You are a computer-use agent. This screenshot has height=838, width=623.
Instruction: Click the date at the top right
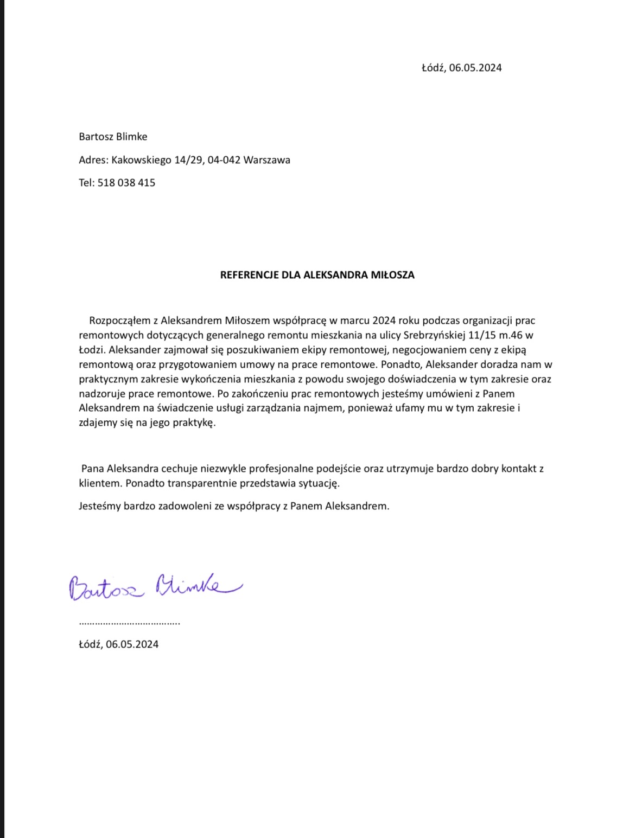[x=461, y=68]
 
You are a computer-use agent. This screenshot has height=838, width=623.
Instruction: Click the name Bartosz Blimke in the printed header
[x=113, y=137]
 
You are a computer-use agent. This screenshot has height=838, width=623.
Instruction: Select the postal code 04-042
[x=224, y=160]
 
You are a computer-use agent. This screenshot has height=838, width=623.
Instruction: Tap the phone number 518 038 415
[x=126, y=183]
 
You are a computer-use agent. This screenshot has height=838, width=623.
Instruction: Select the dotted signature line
[x=130, y=623]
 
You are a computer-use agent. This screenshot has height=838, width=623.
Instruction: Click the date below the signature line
[x=119, y=644]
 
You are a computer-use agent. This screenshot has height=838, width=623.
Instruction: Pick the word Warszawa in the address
[x=267, y=160]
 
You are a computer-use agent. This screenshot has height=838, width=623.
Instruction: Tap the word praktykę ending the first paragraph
[x=194, y=423]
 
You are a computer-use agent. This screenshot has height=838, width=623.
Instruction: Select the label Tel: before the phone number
[x=87, y=183]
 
